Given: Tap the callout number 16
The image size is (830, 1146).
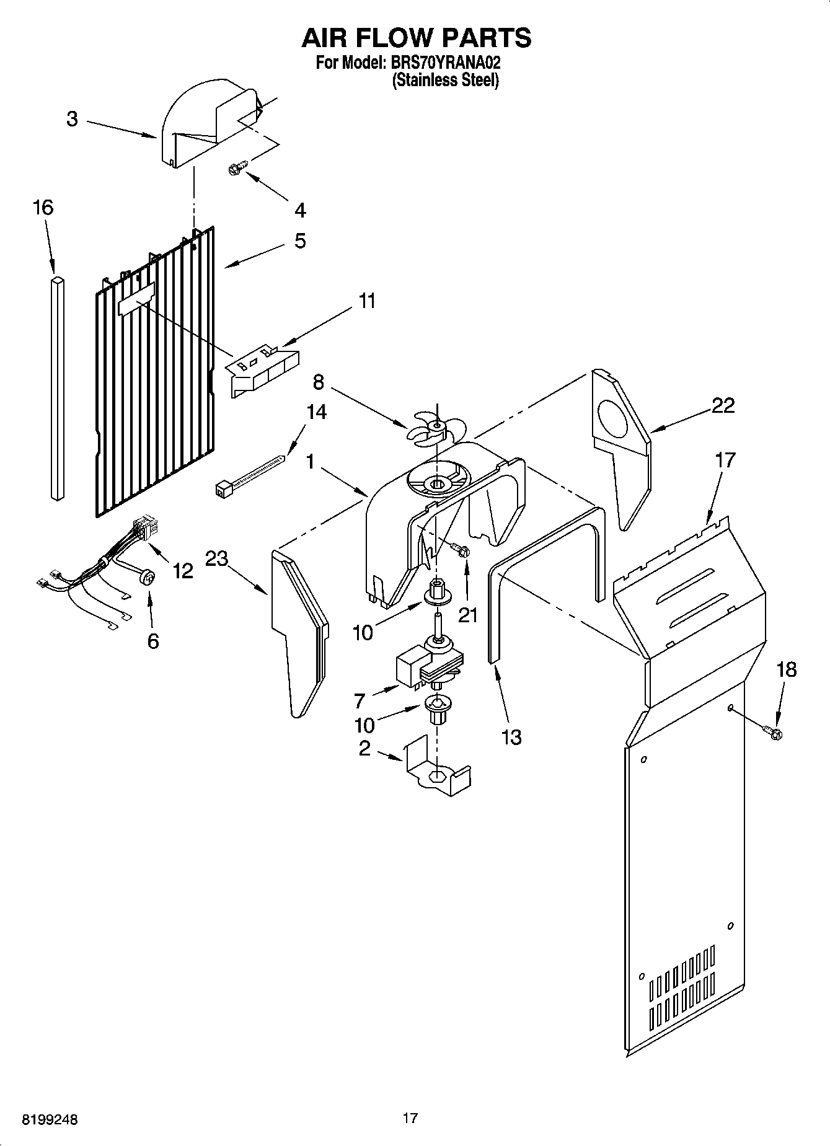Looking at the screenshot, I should pyautogui.click(x=43, y=208).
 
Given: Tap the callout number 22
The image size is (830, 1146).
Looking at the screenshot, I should pyautogui.click(x=723, y=405).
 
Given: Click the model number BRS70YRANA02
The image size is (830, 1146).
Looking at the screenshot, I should pyautogui.click(x=444, y=63).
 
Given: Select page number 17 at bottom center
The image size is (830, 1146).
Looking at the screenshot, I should pyautogui.click(x=410, y=1118).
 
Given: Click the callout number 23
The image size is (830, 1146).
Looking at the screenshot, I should pyautogui.click(x=217, y=558).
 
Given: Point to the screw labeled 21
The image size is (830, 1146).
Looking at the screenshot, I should pyautogui.click(x=461, y=549).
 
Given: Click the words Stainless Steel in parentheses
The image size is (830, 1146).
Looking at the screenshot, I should pyautogui.click(x=445, y=81).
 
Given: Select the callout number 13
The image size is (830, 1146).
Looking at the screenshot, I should pyautogui.click(x=511, y=737).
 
